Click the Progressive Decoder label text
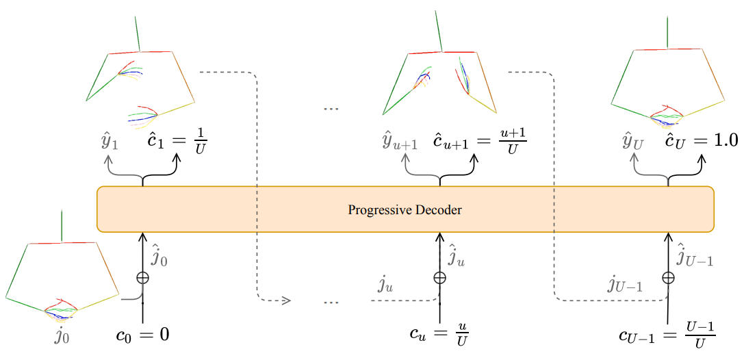tap(405, 210)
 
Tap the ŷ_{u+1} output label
tap(398, 143)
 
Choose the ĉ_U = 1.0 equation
tap(699, 141)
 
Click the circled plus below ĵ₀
tap(143, 278)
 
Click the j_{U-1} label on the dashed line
tap(624, 285)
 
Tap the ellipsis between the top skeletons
tap(331, 109)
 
